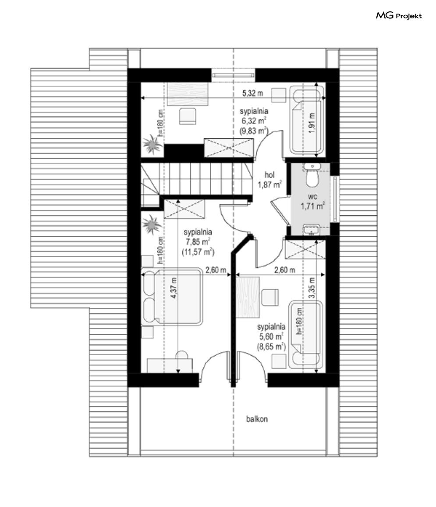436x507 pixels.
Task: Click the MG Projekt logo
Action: click(x=399, y=15)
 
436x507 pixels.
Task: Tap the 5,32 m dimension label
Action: click(x=253, y=93)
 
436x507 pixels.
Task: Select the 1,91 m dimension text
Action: click(x=312, y=123)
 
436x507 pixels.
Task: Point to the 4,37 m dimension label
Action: click(x=174, y=288)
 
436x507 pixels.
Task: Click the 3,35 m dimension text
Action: click(x=312, y=288)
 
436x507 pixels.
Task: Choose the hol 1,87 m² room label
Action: click(x=269, y=180)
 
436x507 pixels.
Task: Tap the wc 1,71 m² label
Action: click(x=312, y=201)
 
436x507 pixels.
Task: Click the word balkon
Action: click(x=257, y=419)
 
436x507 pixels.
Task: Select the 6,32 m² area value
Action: click(x=254, y=121)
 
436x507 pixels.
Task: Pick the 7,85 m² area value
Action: click(x=198, y=242)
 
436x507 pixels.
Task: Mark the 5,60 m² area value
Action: click(x=271, y=336)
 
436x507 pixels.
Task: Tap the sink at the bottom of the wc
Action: click(x=311, y=230)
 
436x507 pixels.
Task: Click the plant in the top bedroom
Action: click(x=152, y=144)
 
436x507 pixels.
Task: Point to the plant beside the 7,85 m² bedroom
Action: click(x=152, y=224)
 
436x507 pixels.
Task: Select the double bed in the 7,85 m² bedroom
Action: click(x=172, y=297)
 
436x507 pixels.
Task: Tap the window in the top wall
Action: click(x=233, y=75)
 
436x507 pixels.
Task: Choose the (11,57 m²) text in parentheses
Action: click(x=198, y=252)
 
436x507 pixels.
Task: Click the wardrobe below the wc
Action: click(x=305, y=249)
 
